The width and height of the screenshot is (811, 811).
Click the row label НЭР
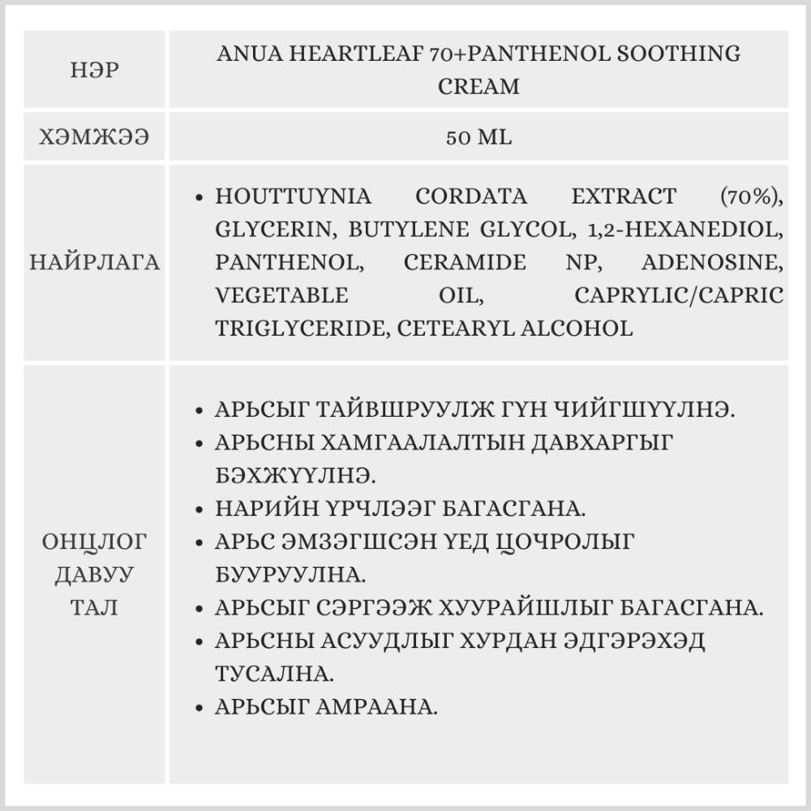[x=95, y=71]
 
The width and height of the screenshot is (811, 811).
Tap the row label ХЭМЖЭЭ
[x=95, y=138]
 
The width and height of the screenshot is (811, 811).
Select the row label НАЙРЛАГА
[x=95, y=263]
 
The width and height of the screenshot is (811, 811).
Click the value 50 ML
[x=478, y=138]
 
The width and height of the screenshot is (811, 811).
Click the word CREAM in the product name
[x=478, y=86]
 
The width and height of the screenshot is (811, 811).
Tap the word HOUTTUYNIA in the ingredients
[x=294, y=196]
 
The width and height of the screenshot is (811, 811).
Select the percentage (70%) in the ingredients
[x=751, y=196]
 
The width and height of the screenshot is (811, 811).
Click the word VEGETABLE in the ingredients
[x=281, y=295]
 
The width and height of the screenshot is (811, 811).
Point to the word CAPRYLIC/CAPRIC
[x=679, y=295]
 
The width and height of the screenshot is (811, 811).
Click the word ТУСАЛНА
[x=273, y=674]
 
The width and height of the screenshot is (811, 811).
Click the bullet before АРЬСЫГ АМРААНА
[x=200, y=707]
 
